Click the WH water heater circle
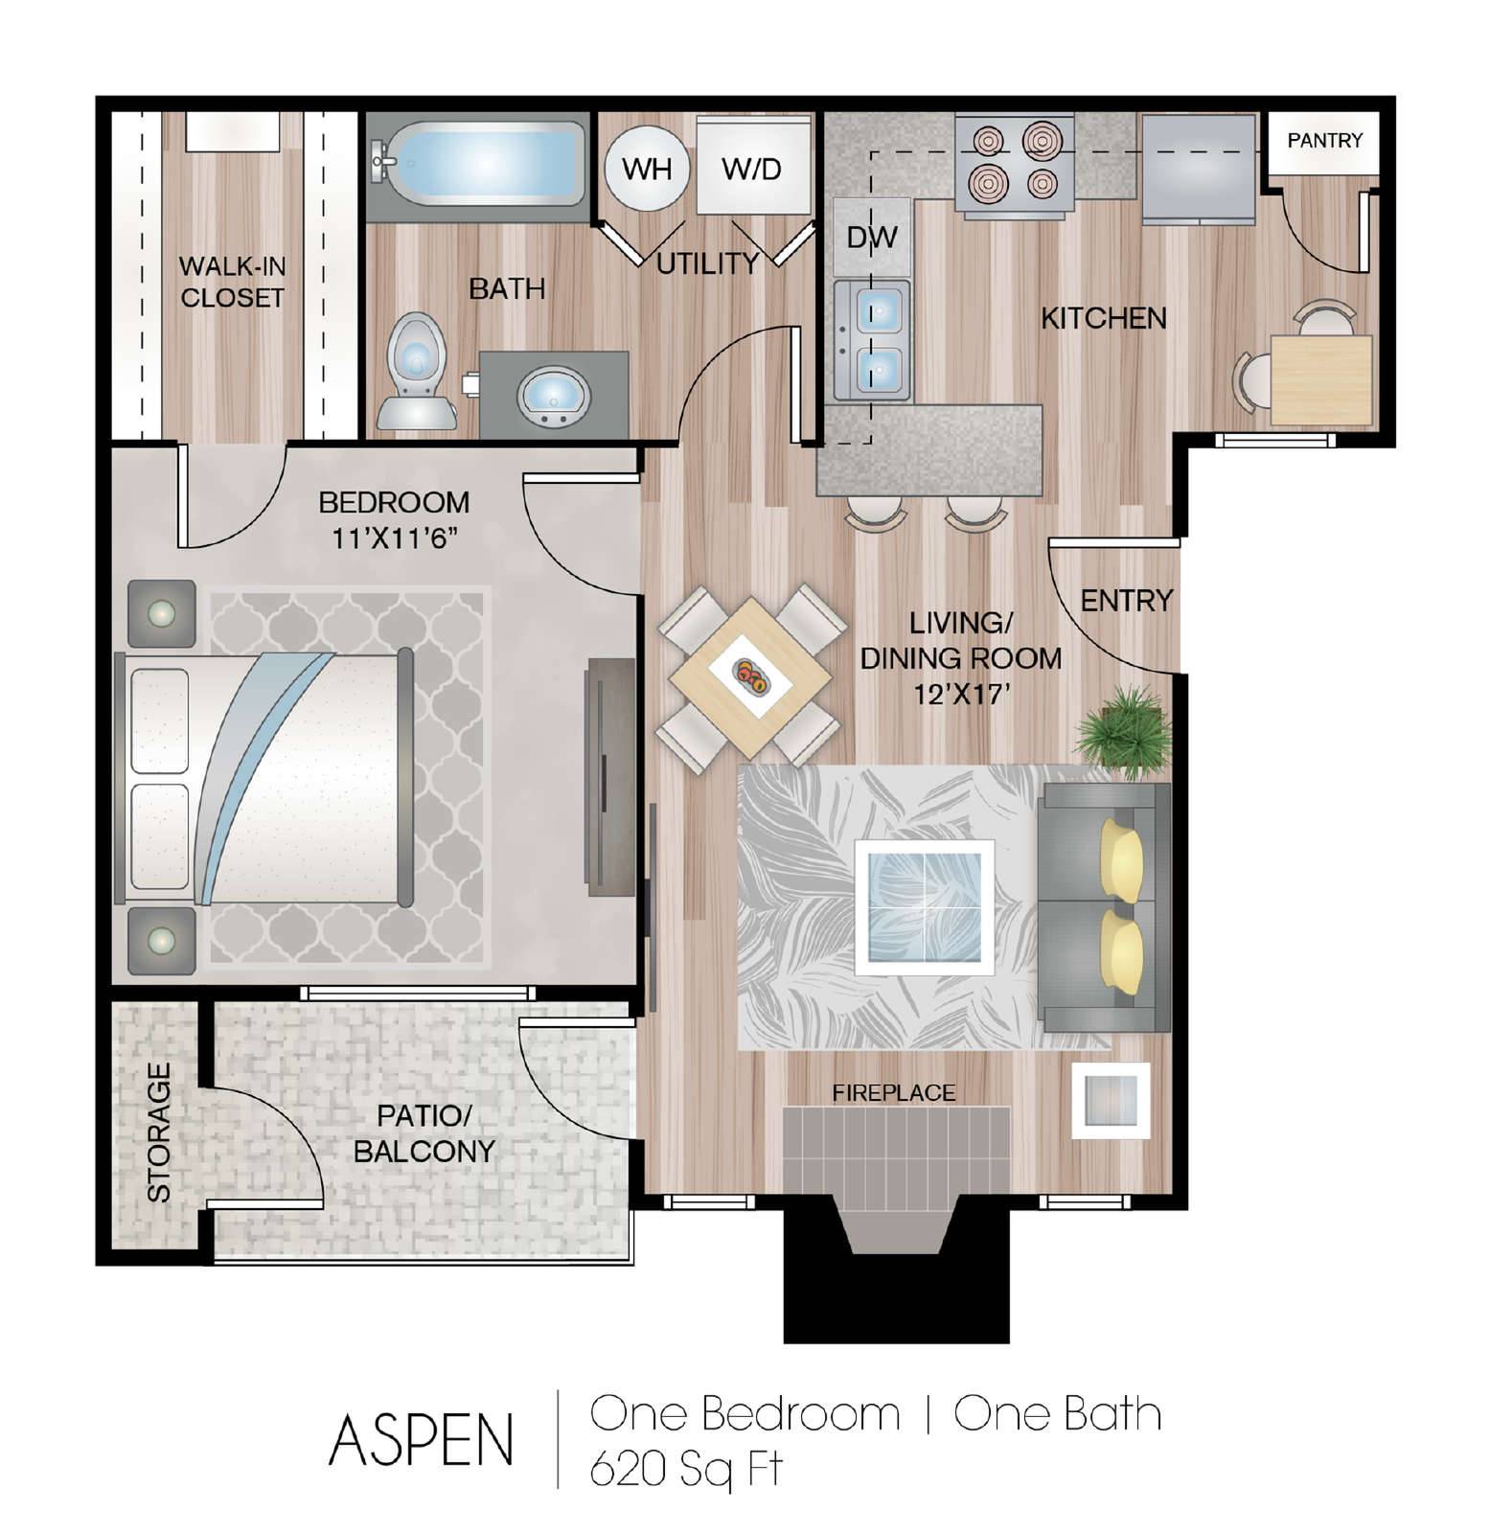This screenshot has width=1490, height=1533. tap(647, 170)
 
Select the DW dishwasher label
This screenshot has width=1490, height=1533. tap(872, 237)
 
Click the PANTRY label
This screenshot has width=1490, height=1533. tap(1324, 141)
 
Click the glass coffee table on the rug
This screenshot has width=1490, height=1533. tap(924, 906)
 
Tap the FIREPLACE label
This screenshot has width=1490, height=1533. tap(893, 1092)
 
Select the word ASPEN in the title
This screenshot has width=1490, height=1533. tap(421, 1439)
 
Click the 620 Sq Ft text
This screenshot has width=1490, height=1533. tap(686, 1468)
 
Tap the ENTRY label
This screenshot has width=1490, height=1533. tap(1127, 601)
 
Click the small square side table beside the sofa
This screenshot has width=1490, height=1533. tap(1111, 1100)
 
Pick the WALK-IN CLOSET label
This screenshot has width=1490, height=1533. tap(233, 282)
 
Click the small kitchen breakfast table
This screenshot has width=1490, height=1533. tap(1321, 379)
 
